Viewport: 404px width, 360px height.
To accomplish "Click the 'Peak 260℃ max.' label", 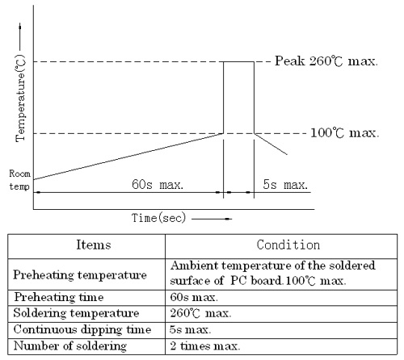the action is (x=326, y=61).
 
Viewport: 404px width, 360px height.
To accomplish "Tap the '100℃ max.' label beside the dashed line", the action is (x=345, y=133).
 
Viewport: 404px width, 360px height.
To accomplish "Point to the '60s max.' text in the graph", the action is (x=158, y=185).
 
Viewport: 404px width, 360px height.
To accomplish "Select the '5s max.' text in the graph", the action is (x=285, y=185).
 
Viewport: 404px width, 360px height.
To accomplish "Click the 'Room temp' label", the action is (x=19, y=180).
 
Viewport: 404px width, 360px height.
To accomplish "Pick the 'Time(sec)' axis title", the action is (x=158, y=218).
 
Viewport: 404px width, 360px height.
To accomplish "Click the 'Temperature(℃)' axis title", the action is (x=20, y=98).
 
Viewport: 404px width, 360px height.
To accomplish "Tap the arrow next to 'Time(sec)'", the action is (x=212, y=219).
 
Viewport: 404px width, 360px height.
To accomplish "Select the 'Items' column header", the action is (x=94, y=245).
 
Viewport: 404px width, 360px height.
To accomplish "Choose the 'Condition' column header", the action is (x=288, y=245).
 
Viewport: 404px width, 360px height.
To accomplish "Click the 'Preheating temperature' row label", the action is (x=80, y=275).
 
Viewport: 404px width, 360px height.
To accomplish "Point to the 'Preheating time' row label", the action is (x=59, y=297).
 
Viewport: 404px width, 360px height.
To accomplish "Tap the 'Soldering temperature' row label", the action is (x=76, y=313).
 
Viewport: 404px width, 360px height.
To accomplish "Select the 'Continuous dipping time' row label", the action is (x=82, y=330).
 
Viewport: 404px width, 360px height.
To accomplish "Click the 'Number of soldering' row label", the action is (x=70, y=346).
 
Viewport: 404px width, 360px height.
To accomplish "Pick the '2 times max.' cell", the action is (x=205, y=346).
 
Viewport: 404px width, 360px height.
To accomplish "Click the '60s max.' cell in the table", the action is (x=194, y=297).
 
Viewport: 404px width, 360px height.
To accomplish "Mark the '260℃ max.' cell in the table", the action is (x=200, y=313).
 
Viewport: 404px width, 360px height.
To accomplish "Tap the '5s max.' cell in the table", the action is (x=190, y=330).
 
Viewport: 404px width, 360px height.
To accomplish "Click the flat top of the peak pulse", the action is (x=238, y=62).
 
